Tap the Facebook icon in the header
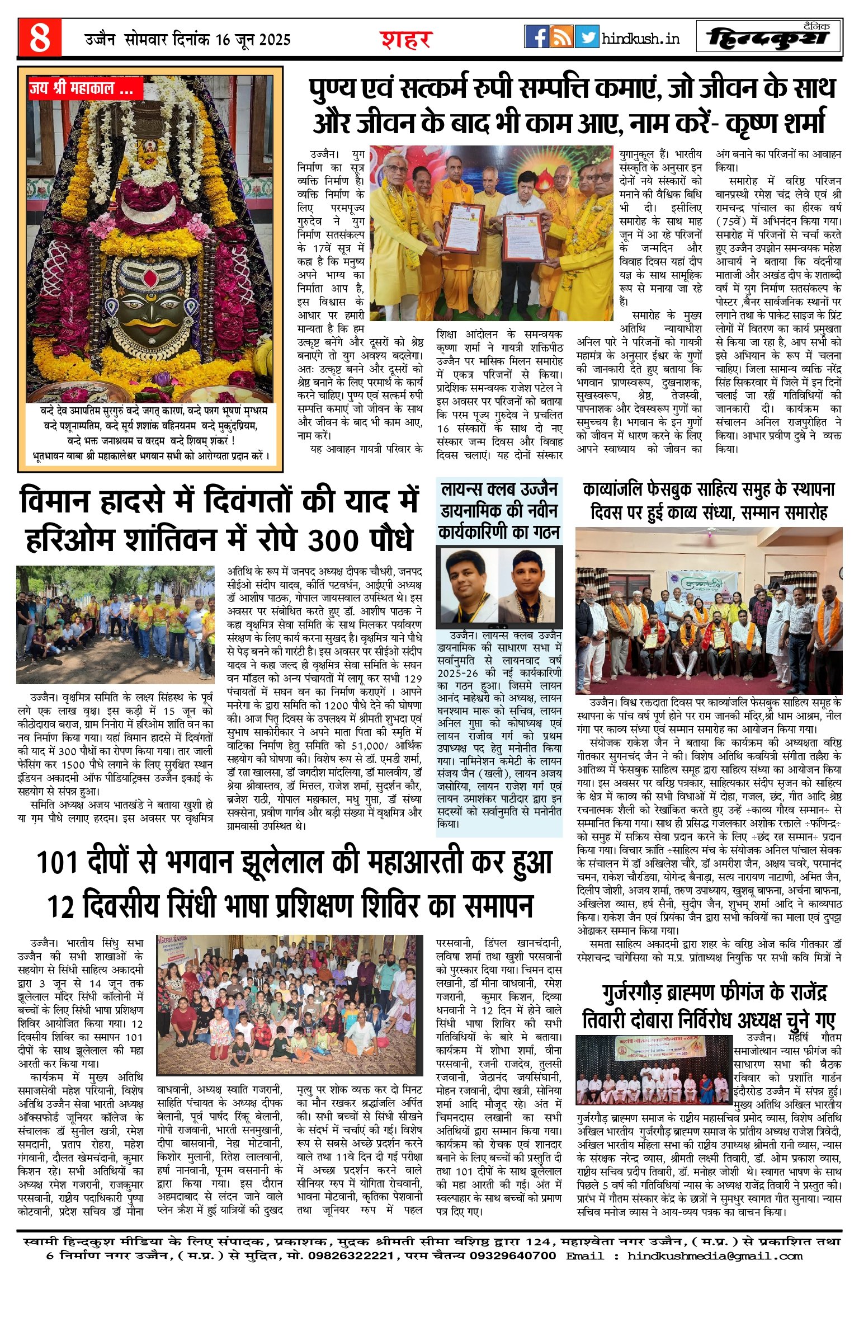coord(536,37)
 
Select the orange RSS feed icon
coord(561,37)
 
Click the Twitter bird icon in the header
coord(587,37)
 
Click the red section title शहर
coord(406,40)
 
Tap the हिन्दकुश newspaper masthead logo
coord(769,38)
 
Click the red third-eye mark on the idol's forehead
coord(150,277)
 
